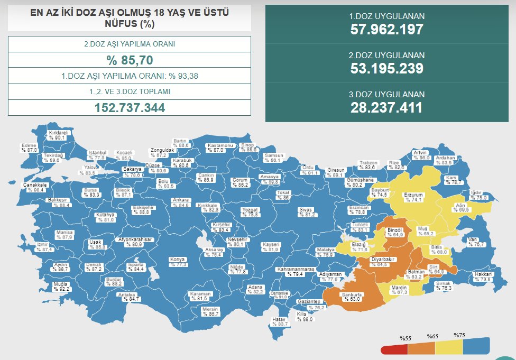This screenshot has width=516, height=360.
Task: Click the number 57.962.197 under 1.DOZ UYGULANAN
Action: [387, 29]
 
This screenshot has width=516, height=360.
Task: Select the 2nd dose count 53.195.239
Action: [387, 68]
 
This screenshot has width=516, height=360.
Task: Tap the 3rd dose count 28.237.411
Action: [387, 107]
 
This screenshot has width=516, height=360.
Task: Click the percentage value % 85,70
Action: [129, 60]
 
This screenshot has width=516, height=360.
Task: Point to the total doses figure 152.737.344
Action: [129, 107]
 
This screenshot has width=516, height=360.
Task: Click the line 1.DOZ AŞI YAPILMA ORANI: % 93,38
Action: [129, 76]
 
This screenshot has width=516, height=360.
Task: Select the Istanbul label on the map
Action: [97, 153]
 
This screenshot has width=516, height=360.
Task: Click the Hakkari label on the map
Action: [483, 274]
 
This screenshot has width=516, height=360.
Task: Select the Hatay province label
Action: [279, 320]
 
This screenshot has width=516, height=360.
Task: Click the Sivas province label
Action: [307, 210]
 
